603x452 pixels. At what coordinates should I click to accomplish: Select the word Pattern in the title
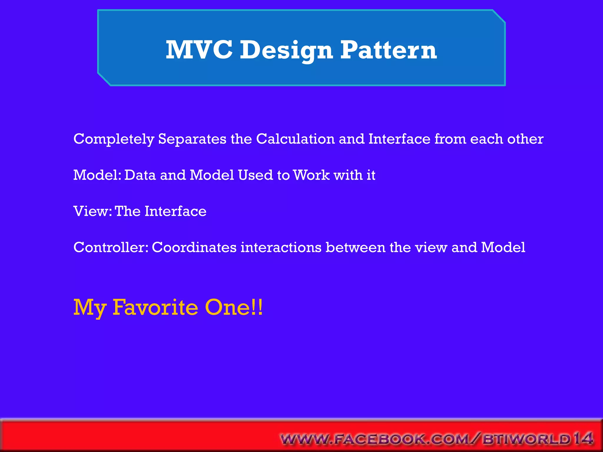[388, 50]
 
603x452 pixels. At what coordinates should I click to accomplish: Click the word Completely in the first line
[114, 139]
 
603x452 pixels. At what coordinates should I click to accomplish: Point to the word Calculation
[295, 139]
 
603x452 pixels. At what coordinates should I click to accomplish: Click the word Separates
[192, 139]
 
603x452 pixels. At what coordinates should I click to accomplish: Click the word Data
[140, 175]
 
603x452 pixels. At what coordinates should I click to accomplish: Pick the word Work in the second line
[312, 175]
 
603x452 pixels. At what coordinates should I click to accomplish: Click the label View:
[92, 211]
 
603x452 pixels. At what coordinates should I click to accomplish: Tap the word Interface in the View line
[175, 211]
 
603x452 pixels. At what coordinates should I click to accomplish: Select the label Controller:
[111, 247]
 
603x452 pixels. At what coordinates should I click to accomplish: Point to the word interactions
[281, 247]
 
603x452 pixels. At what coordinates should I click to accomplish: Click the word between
[355, 247]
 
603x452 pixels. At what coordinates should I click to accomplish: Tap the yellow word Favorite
[155, 308]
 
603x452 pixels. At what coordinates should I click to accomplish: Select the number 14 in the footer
[583, 438]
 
